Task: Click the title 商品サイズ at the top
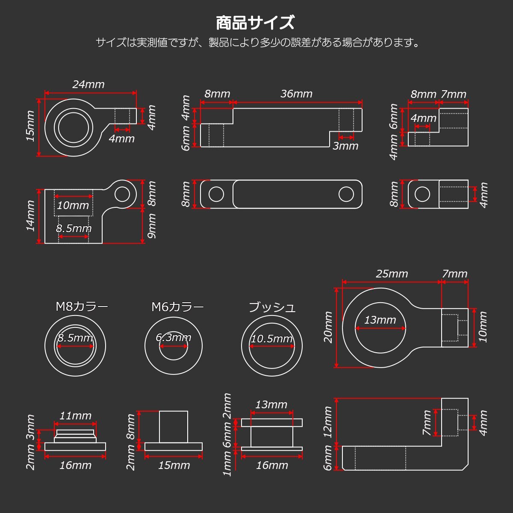[255, 23]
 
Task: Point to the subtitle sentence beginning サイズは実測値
[258, 43]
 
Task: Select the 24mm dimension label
[88, 84]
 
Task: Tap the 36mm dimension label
[296, 94]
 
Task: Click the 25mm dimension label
[392, 274]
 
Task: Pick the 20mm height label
[328, 327]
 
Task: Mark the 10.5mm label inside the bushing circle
[272, 339]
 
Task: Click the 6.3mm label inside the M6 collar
[173, 337]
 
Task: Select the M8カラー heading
[82, 307]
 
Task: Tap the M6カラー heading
[177, 307]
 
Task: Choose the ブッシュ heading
[272, 307]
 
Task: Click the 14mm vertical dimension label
[30, 216]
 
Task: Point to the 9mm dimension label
[151, 226]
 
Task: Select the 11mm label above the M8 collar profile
[75, 416]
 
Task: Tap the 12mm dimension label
[328, 422]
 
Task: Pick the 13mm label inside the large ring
[380, 320]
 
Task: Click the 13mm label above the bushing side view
[271, 404]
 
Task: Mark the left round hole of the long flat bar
[216, 195]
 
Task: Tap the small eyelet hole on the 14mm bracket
[122, 194]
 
